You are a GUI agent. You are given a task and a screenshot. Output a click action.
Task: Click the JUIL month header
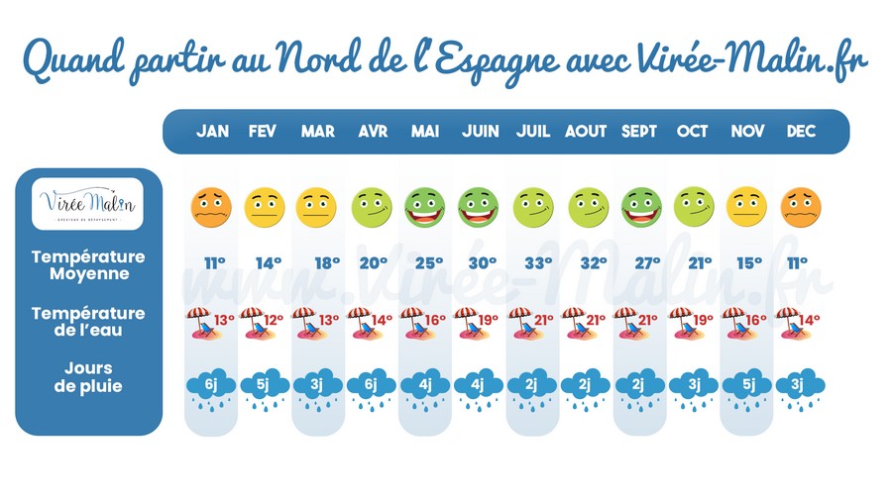coord(533,132)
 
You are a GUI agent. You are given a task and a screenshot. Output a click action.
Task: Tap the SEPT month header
coord(639,132)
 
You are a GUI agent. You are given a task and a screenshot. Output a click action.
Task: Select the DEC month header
coord(801,132)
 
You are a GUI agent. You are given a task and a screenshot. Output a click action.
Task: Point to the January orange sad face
coord(211,206)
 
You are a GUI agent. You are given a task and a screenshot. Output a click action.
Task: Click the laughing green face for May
coord(425,206)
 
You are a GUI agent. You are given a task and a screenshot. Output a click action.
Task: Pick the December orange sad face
coord(801,206)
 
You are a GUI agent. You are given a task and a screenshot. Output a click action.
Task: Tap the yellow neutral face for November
coord(747,206)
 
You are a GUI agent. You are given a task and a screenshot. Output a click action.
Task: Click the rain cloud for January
coord(211,386)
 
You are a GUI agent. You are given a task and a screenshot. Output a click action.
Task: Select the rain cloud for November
coord(747,386)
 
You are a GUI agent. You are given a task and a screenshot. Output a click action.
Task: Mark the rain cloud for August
coord(587,386)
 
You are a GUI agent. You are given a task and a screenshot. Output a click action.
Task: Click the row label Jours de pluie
coord(88,378)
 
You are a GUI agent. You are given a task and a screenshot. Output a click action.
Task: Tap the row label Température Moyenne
coord(88,263)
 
